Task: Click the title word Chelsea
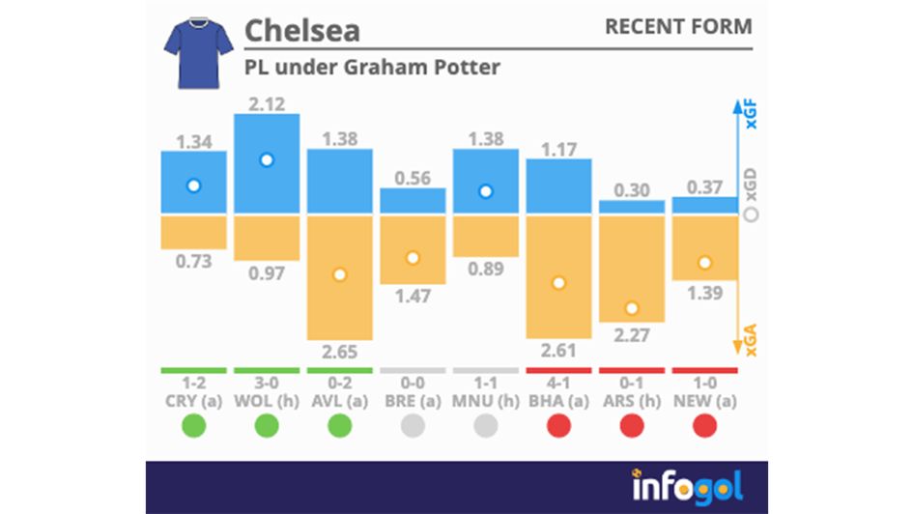tap(301, 30)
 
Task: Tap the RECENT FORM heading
tap(677, 27)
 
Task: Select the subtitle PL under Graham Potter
tap(371, 68)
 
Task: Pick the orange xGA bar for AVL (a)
tap(339, 276)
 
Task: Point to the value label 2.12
tap(267, 103)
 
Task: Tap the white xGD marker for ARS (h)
tap(632, 308)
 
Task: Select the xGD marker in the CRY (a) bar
tap(193, 186)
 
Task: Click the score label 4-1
tap(558, 385)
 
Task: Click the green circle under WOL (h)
tap(267, 425)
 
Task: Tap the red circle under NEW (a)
tap(704, 425)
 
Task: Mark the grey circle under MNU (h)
tap(485, 425)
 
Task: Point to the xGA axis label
tap(752, 340)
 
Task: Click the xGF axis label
tap(752, 115)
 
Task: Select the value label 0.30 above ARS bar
tap(632, 190)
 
